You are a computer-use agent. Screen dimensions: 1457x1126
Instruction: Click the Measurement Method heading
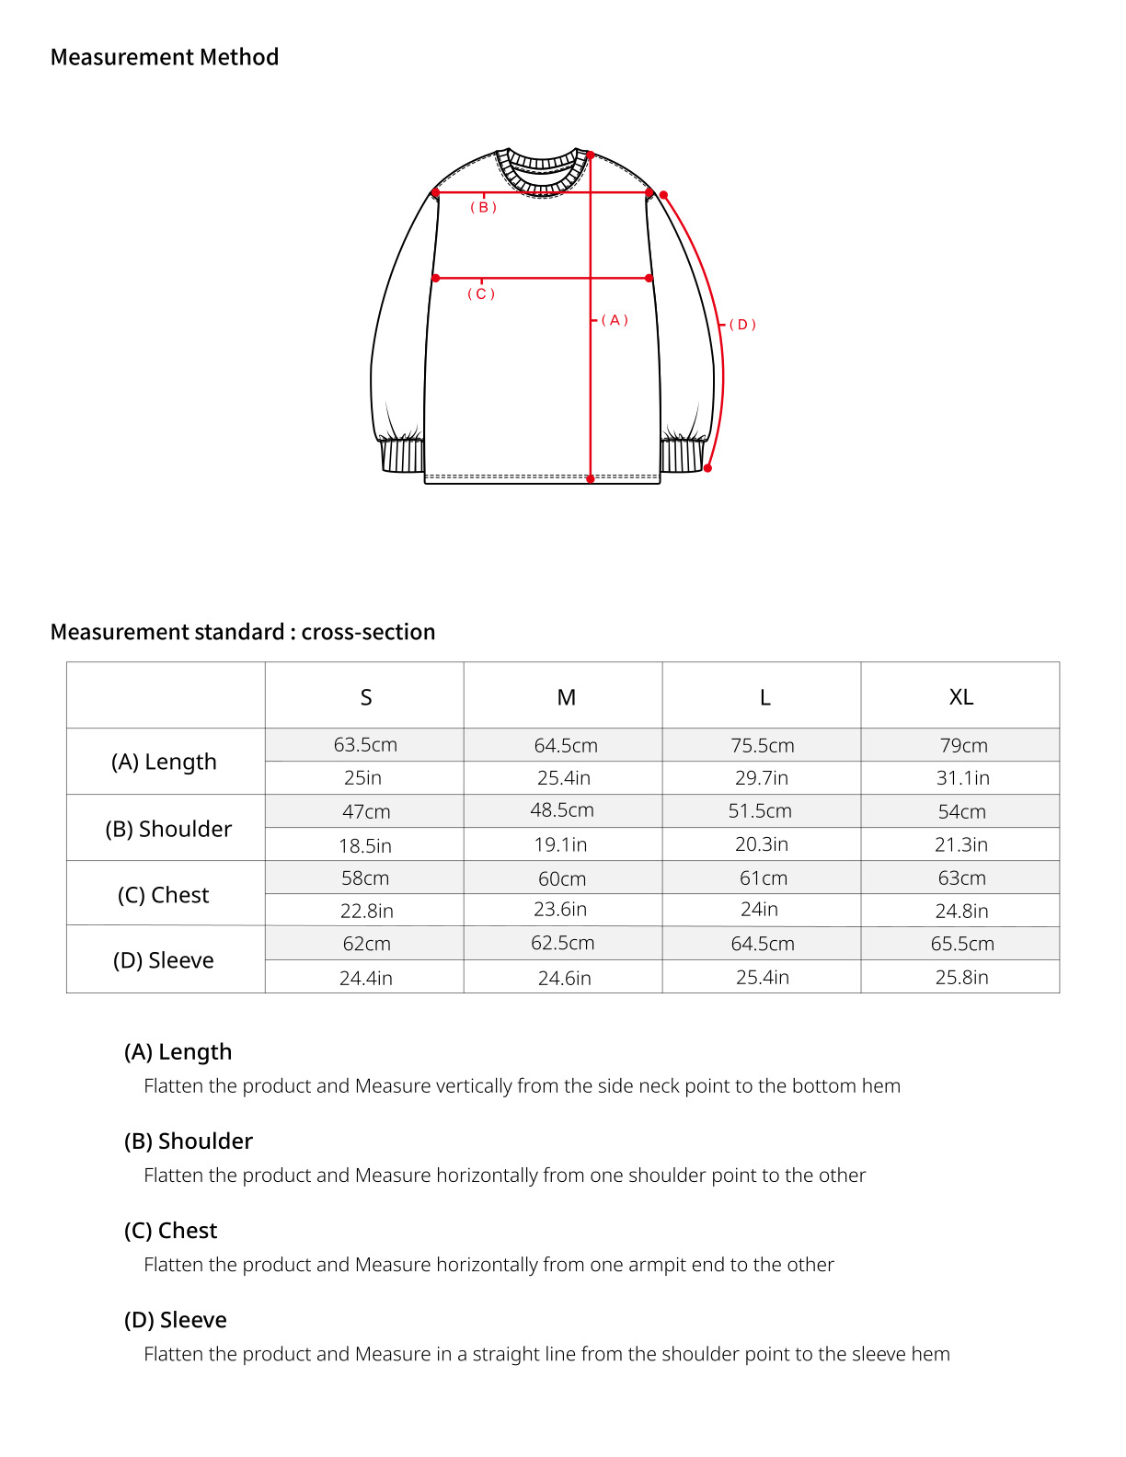point(164,57)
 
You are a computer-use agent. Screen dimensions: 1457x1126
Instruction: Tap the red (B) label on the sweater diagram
point(483,208)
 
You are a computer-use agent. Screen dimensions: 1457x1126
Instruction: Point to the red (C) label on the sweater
point(481,294)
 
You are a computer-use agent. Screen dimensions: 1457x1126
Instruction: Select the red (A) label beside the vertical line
point(615,320)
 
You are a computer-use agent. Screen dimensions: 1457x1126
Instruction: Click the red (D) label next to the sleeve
point(742,325)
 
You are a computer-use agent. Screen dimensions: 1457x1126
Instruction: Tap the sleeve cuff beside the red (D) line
point(682,456)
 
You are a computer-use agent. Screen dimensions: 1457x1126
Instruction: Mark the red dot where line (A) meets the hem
point(591,478)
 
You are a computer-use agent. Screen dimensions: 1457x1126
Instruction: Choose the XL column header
point(960,697)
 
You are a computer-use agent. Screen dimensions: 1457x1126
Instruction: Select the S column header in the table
point(365,697)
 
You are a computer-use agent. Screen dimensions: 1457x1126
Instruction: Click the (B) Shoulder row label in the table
point(168,829)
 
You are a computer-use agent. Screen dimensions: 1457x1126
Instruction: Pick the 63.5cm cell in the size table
point(365,744)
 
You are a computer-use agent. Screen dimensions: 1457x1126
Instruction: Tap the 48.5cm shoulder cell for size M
point(562,810)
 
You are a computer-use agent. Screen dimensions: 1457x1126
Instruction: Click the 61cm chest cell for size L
point(763,878)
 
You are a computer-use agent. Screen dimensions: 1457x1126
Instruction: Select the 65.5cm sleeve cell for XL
point(961,944)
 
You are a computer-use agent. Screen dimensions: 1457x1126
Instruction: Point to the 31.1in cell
point(962,777)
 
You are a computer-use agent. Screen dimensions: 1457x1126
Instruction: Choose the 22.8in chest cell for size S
point(366,911)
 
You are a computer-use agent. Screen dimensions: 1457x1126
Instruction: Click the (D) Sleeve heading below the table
point(175,1320)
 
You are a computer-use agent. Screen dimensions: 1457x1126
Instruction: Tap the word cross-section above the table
point(368,632)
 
